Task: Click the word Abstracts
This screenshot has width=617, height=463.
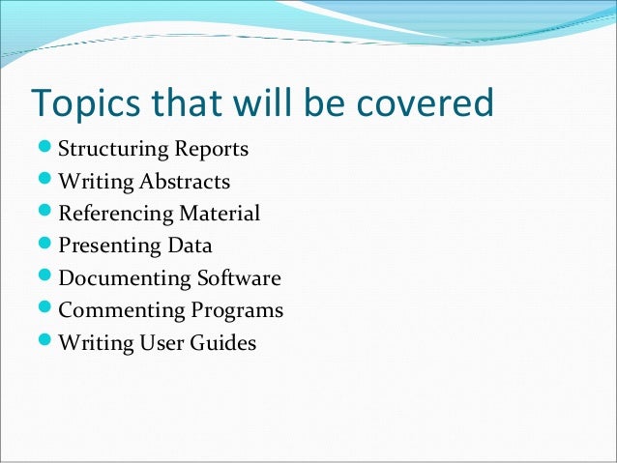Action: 185,183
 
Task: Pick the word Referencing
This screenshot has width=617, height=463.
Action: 116,215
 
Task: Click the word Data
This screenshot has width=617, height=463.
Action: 190,246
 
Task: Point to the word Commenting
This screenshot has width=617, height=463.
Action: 121,310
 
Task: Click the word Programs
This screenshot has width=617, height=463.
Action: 237,311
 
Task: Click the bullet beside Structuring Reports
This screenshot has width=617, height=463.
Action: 45,151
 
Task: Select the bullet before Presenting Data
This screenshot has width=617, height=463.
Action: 45,246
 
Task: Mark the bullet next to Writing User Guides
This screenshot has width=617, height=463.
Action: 45,342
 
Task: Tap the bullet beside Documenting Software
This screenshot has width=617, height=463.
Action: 45,278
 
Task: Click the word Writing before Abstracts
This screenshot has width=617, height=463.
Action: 96,183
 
